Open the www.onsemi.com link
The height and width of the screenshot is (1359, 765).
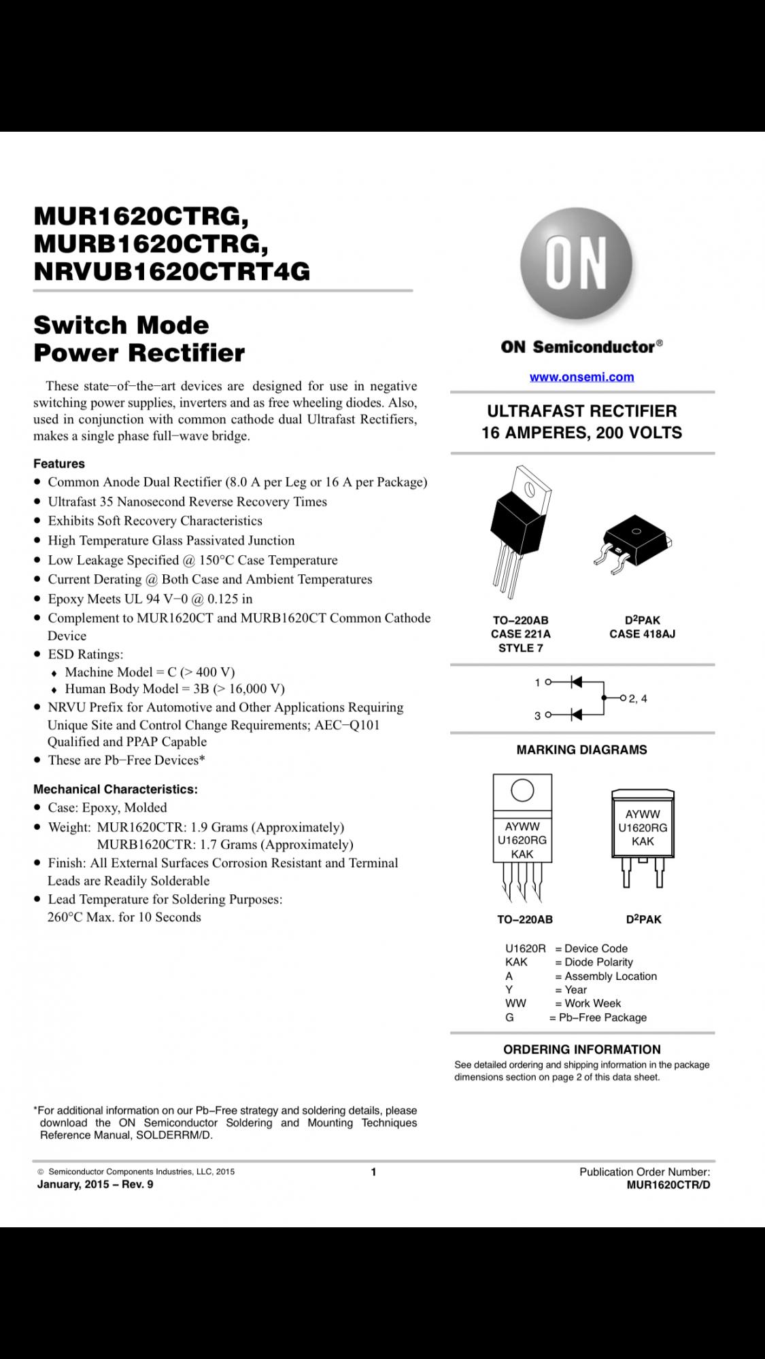tap(581, 376)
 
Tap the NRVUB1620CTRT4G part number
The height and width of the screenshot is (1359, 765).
tap(171, 271)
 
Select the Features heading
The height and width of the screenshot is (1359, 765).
tap(59, 463)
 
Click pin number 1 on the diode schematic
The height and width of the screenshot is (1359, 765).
tap(537, 682)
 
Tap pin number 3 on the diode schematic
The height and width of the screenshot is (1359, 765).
tap(537, 716)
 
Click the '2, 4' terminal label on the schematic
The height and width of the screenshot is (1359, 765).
tap(638, 699)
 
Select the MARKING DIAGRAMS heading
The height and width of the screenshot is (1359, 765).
tap(581, 749)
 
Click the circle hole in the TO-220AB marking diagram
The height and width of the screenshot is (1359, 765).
tap(522, 790)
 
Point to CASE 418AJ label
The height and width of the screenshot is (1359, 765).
tap(642, 634)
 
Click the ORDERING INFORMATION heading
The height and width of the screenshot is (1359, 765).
tap(581, 1049)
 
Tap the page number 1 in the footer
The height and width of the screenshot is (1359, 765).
tap(373, 1171)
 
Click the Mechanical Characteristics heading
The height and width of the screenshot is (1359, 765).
tap(116, 789)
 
